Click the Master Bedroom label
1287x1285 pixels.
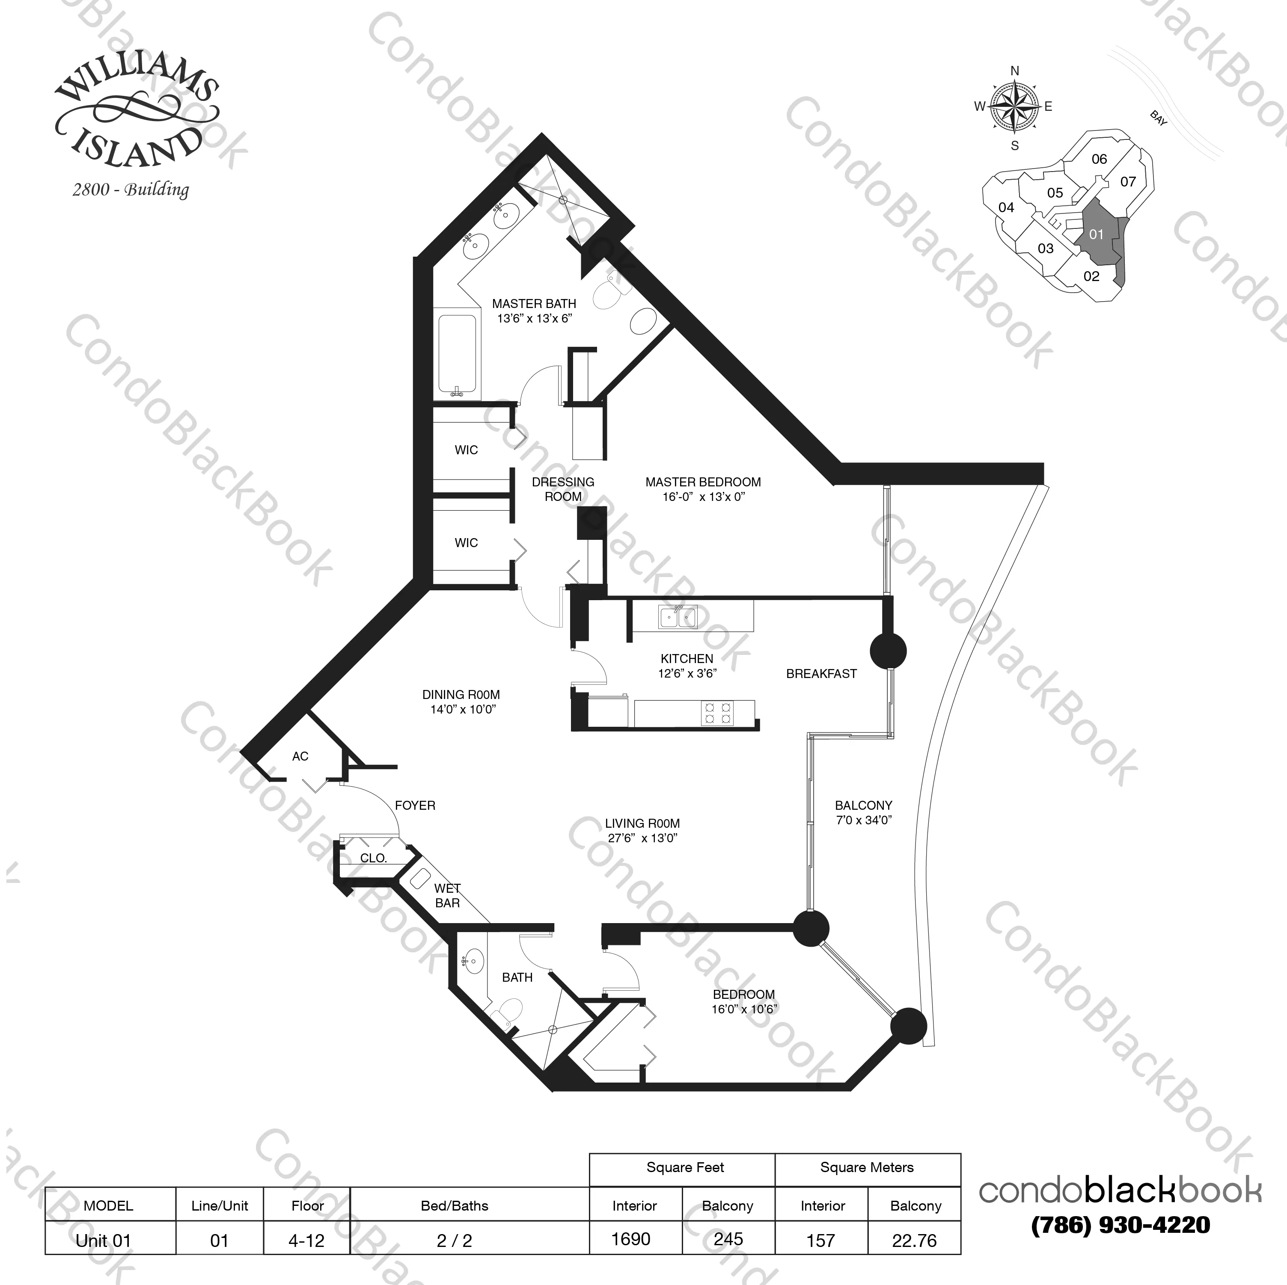click(x=703, y=489)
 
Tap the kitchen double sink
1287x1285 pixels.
click(x=678, y=617)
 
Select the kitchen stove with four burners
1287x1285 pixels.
click(x=717, y=713)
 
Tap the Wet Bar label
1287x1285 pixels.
click(x=447, y=895)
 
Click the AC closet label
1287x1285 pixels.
click(x=300, y=756)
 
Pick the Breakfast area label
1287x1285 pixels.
click(x=821, y=674)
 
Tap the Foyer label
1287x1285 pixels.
click(x=415, y=805)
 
